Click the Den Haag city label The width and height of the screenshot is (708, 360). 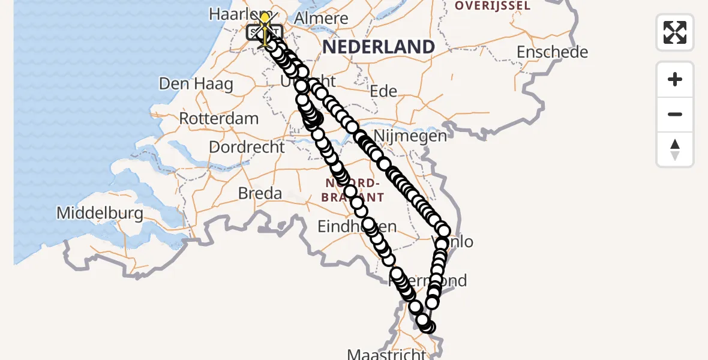(x=196, y=83)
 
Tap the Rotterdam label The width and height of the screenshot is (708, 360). (x=218, y=118)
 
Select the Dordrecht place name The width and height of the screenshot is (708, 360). (x=247, y=146)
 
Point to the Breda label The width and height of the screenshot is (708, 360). (x=260, y=193)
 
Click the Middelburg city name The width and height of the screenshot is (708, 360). (x=100, y=213)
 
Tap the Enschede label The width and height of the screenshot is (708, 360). (x=552, y=52)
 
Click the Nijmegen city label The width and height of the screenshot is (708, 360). (x=410, y=136)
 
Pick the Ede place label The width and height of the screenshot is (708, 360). (x=383, y=91)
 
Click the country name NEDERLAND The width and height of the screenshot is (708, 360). (x=379, y=47)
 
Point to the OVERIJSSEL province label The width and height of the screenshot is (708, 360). (x=493, y=6)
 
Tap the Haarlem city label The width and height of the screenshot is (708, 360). (x=231, y=14)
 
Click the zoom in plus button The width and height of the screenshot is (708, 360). (x=675, y=79)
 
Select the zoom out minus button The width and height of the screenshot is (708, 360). (x=675, y=114)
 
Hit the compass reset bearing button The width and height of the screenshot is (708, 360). (x=675, y=149)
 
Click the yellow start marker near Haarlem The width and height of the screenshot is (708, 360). (x=265, y=18)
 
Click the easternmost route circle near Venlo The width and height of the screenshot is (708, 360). (x=443, y=230)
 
